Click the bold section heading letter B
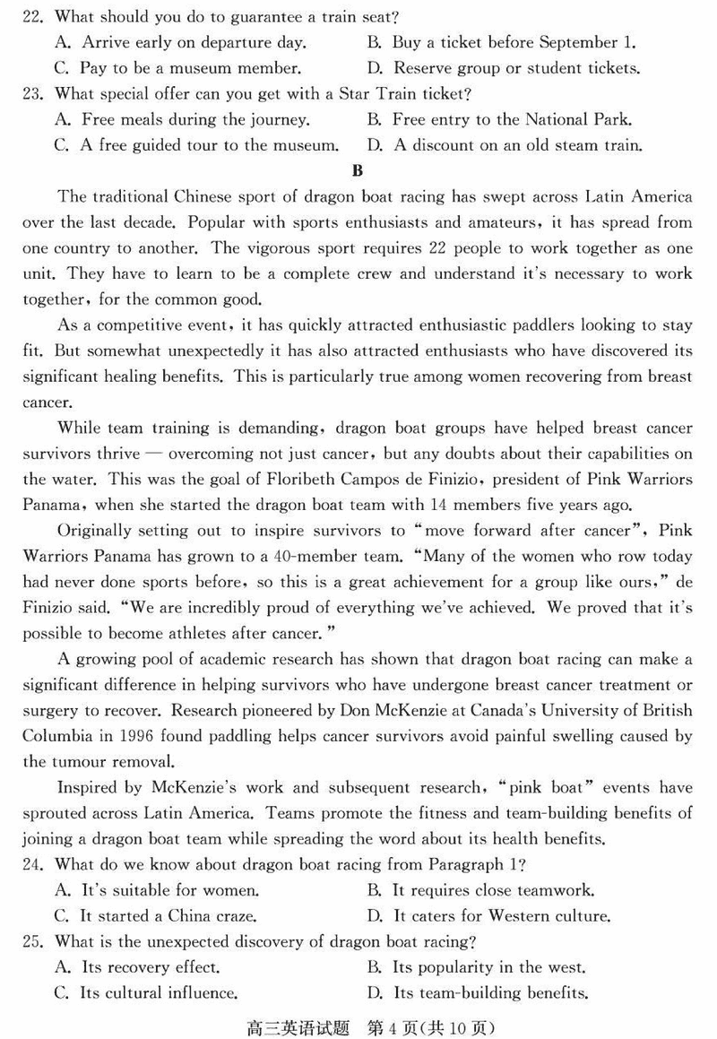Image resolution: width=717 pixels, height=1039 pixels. click(x=358, y=171)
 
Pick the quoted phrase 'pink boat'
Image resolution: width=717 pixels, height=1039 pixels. click(x=551, y=788)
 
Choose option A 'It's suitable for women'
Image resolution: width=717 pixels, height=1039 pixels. click(x=158, y=891)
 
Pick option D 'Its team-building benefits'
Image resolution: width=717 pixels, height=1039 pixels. click(x=479, y=993)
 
